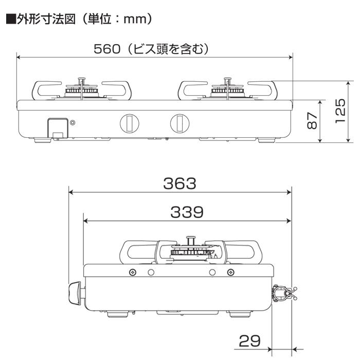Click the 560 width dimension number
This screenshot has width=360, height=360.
106,49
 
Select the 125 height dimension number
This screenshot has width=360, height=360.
340,112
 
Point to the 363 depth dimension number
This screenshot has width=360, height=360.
179,183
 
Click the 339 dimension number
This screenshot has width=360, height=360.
187,211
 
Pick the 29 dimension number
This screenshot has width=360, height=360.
250,341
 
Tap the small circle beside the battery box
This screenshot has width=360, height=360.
73,122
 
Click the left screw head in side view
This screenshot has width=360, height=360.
133,272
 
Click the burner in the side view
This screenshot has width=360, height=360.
191,251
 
